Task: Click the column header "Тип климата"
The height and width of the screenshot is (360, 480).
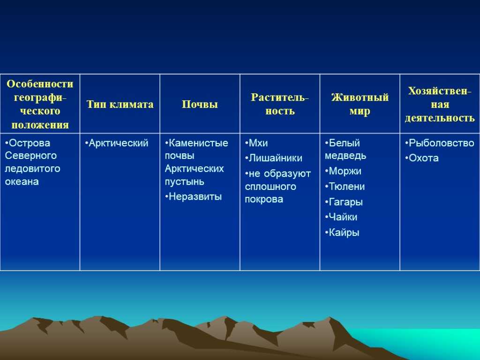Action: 120,105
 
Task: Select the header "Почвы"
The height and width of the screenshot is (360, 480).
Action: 200,105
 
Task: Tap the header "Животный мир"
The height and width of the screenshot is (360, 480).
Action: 360,104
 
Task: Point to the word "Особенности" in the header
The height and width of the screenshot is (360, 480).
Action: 40,84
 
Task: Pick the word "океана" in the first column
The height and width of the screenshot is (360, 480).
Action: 22,182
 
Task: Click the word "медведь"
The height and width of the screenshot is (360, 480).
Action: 345,156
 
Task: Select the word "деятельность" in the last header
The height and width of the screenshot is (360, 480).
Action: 440,118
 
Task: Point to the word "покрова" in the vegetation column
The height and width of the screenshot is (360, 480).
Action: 264,200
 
